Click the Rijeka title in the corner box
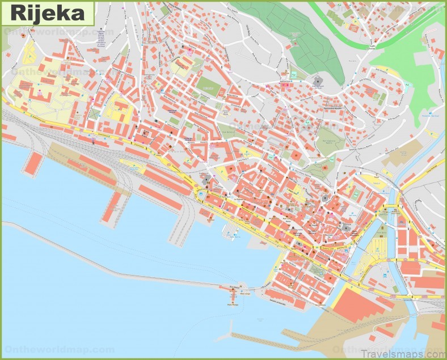pos(45,12)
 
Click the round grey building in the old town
pos(324,198)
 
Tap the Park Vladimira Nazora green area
pos(326,136)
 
